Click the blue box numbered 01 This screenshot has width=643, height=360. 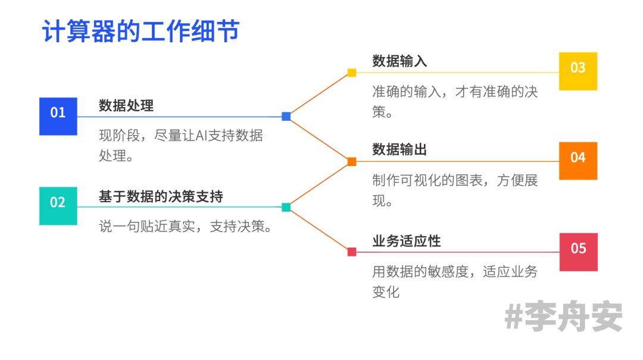tap(58, 116)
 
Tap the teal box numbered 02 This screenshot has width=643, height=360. tap(58, 206)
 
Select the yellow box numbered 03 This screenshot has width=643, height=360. tap(578, 71)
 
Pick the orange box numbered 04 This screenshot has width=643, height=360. tap(578, 161)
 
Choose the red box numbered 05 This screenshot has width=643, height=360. tap(578, 252)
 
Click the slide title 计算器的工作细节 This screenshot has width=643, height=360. tap(141, 31)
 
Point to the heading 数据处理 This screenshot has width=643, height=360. tap(126, 106)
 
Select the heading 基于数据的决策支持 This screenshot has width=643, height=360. tap(161, 196)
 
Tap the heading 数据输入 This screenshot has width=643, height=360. tap(399, 61)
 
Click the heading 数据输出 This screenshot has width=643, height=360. tap(399, 149)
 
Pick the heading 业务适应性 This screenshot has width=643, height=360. tap(407, 241)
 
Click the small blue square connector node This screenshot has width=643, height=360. tap(286, 117)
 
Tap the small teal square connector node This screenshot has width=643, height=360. tap(286, 207)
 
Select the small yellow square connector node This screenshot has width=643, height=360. tap(352, 73)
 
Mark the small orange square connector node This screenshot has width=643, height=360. tap(352, 161)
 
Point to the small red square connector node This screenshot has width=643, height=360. tap(352, 252)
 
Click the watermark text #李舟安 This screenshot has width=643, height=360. tap(563, 317)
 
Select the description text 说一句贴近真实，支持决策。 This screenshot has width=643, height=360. tap(186, 227)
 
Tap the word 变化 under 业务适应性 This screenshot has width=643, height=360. tap(386, 292)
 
